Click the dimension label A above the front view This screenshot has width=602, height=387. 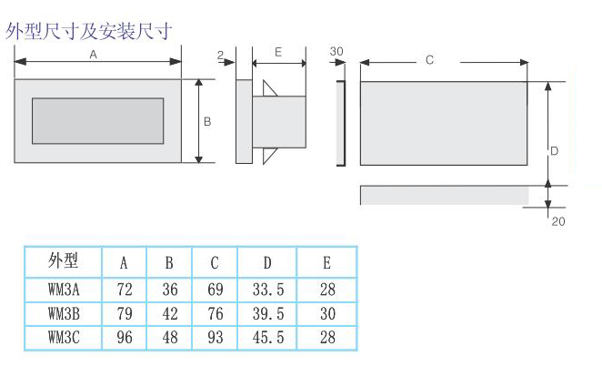pos(93,55)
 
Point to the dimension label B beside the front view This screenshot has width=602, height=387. pos(207,122)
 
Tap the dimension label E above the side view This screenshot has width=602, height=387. pos(278,52)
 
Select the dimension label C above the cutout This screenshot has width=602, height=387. pos(429,60)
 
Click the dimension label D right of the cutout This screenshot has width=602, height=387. pos(554,151)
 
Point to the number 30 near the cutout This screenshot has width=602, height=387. pos(336,52)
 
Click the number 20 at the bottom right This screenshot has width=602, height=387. pos(558,221)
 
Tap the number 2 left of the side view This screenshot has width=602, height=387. pos(220,55)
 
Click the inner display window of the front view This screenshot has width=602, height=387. pos(98,121)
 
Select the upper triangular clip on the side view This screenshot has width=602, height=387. pos(268,89)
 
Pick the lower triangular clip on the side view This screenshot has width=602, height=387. pos(268,155)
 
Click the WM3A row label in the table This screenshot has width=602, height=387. pos(64,290)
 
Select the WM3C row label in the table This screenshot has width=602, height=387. pos(64,338)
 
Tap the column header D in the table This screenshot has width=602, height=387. pos(267,263)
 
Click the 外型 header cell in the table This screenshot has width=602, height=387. pos(63,261)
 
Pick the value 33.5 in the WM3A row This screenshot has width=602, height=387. pos(268,290)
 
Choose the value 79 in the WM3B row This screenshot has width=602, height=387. pos(125,313)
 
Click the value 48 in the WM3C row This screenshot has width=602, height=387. pos(170,338)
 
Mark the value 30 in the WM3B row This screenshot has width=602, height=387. pos(327,313)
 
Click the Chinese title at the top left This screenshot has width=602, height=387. pos(88,32)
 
